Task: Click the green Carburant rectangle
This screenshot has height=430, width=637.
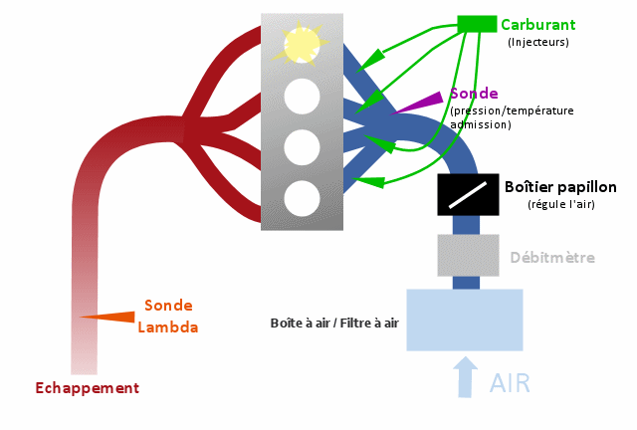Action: [477, 23]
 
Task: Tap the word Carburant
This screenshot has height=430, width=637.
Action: [537, 24]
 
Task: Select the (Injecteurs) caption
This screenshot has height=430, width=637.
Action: [537, 42]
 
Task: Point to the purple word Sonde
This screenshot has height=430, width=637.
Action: [474, 94]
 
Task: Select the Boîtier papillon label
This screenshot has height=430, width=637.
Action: [560, 187]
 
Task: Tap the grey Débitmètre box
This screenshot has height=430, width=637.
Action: [468, 255]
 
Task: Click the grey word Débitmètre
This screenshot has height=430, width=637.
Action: [552, 258]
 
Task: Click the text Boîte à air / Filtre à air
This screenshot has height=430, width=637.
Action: [334, 323]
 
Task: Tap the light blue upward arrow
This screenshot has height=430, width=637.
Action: [465, 377]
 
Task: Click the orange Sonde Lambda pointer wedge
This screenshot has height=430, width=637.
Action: [109, 317]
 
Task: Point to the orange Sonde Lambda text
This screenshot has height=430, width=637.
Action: [168, 316]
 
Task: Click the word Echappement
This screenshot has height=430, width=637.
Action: [87, 388]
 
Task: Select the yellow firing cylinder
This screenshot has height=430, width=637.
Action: [302, 44]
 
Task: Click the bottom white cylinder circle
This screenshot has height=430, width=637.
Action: [302, 198]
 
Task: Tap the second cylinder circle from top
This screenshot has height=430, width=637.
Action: [302, 97]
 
